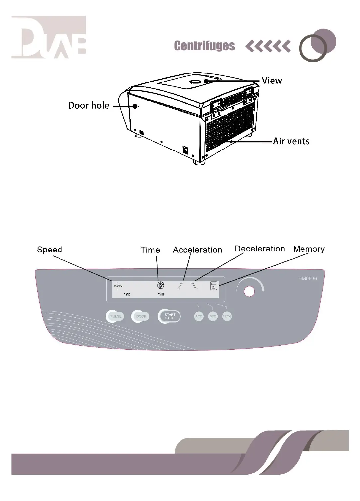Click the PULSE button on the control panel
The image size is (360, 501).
[115, 316]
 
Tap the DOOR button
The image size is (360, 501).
[141, 316]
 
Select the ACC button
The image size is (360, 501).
[199, 316]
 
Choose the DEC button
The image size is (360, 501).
[213, 316]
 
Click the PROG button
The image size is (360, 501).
[227, 316]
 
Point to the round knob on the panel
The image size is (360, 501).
[249, 291]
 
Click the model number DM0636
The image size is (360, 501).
[307, 279]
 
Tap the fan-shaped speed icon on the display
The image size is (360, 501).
[118, 285]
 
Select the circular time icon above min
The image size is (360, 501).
[160, 285]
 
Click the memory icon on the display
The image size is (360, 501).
[214, 285]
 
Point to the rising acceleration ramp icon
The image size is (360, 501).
[180, 285]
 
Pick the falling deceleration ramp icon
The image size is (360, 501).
[194, 285]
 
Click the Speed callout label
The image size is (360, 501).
[50, 250]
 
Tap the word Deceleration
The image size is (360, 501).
[260, 249]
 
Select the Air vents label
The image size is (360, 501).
[291, 141]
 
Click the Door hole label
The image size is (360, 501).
[89, 106]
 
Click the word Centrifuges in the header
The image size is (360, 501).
[204, 46]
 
